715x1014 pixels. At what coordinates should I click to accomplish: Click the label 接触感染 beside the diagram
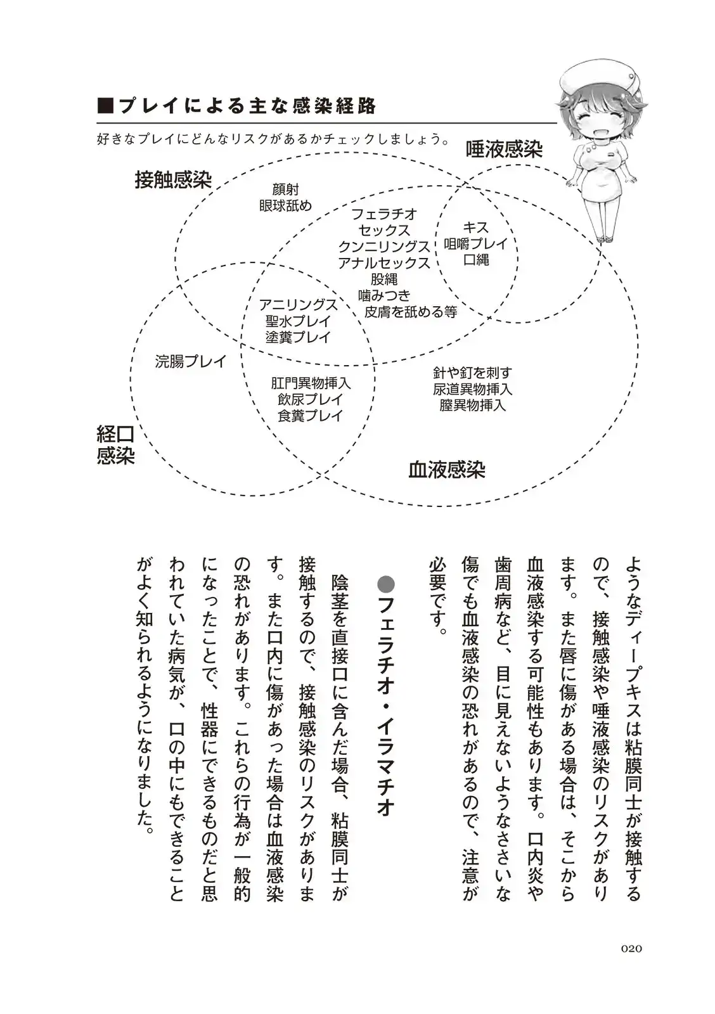(x=172, y=180)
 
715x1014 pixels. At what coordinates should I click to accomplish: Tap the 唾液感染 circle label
(x=504, y=149)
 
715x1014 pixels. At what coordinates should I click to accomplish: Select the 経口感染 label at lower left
(x=115, y=445)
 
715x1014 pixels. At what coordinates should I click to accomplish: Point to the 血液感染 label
(x=446, y=470)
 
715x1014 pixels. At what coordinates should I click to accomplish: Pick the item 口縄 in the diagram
(x=475, y=260)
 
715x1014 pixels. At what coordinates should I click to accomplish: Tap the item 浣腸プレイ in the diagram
(x=190, y=361)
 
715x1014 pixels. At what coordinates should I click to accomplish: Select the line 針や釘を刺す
(x=472, y=373)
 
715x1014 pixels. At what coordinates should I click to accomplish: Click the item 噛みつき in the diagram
(x=384, y=295)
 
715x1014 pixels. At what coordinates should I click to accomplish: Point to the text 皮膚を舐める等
(x=410, y=312)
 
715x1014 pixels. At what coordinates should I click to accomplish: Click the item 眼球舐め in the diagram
(x=285, y=205)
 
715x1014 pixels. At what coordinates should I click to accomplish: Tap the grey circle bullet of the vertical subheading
(x=385, y=584)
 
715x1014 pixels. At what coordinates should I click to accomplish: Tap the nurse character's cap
(x=593, y=76)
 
